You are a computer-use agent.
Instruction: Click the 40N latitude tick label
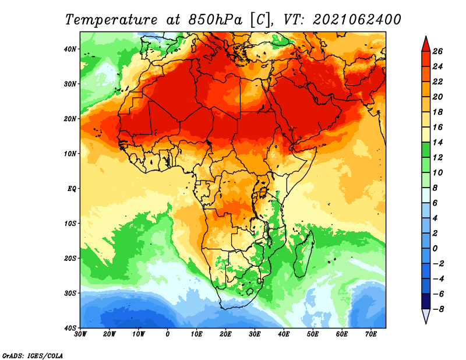coord(70,49)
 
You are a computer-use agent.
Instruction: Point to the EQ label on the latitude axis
coord(72,189)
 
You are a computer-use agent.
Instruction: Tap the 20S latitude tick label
coord(70,258)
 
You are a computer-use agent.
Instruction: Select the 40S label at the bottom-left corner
coord(70,328)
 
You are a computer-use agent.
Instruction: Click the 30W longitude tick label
coord(80,334)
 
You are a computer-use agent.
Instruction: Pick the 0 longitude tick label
coord(167,334)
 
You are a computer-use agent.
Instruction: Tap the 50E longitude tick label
coord(313,334)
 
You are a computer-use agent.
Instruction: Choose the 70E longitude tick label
coord(370,334)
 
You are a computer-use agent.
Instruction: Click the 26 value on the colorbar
coord(437,51)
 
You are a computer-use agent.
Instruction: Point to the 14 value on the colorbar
coord(437,142)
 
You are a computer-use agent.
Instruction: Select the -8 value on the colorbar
coord(438,309)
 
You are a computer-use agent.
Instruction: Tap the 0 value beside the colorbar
coord(435,249)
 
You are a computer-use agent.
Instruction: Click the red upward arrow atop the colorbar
coord(426,44)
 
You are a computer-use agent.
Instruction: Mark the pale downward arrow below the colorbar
coord(426,316)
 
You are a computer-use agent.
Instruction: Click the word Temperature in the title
coord(111,20)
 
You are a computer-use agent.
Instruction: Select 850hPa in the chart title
coord(216,20)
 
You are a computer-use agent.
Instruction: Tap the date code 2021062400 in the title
coord(357,20)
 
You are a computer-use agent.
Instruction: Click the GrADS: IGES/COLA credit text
coord(32,355)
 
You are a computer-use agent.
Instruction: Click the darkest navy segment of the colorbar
coord(426,301)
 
